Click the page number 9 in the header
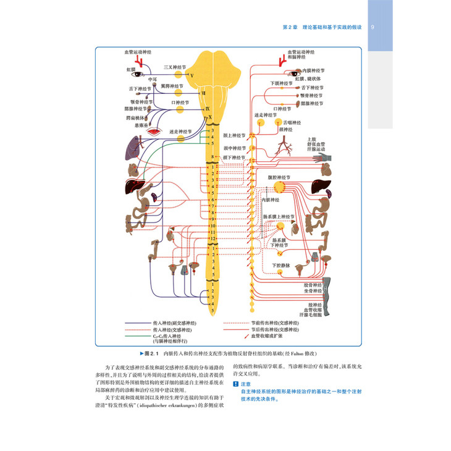click(x=372, y=27)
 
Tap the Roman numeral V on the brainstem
click(x=192, y=75)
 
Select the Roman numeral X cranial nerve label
click(x=210, y=117)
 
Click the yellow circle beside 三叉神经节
click(x=179, y=74)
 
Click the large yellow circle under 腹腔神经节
click(x=280, y=184)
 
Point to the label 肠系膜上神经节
click(x=282, y=216)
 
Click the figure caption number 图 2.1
click(x=151, y=354)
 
